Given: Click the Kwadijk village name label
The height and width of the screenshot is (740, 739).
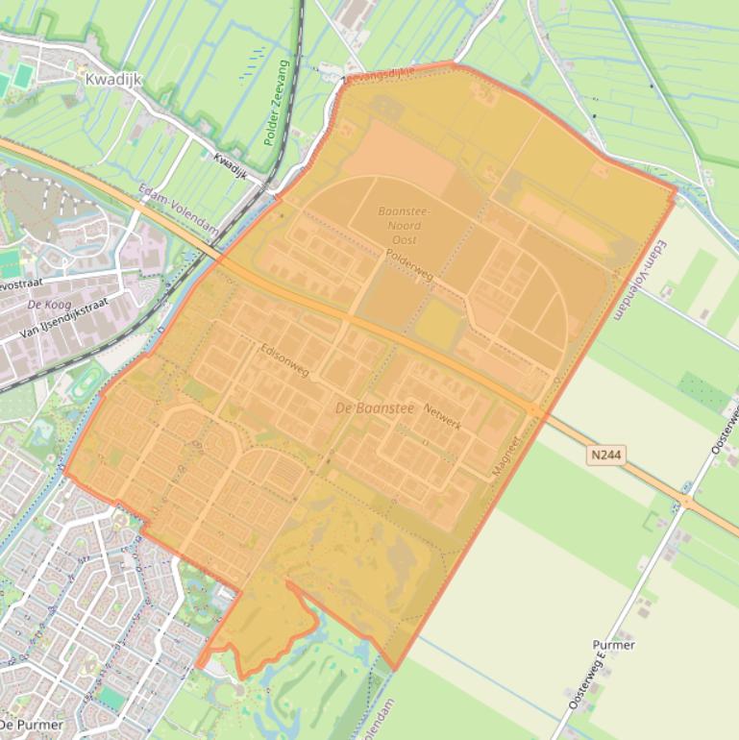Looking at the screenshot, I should pyautogui.click(x=113, y=80).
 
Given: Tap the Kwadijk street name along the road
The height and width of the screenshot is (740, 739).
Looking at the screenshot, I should pyautogui.click(x=231, y=166).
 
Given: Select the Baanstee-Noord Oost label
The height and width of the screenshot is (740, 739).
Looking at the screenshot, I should pyautogui.click(x=405, y=225).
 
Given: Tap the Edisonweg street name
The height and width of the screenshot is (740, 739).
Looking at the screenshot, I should pyautogui.click(x=285, y=359).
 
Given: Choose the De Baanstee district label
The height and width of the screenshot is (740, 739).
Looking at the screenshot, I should pyautogui.click(x=374, y=408).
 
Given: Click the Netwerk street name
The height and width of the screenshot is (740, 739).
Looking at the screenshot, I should pyautogui.click(x=442, y=416).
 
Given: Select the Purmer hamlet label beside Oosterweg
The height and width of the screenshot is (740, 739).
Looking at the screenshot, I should pyautogui.click(x=612, y=645).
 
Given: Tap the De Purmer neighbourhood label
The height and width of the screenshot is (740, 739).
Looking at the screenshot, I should pyautogui.click(x=32, y=724).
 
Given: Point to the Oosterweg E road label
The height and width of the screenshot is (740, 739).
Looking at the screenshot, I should pyautogui.click(x=586, y=680).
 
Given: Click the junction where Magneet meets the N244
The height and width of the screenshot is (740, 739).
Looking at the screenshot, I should pyautogui.click(x=534, y=411).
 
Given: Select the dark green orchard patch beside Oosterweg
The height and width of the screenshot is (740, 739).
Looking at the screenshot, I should pyautogui.click(x=704, y=391).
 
